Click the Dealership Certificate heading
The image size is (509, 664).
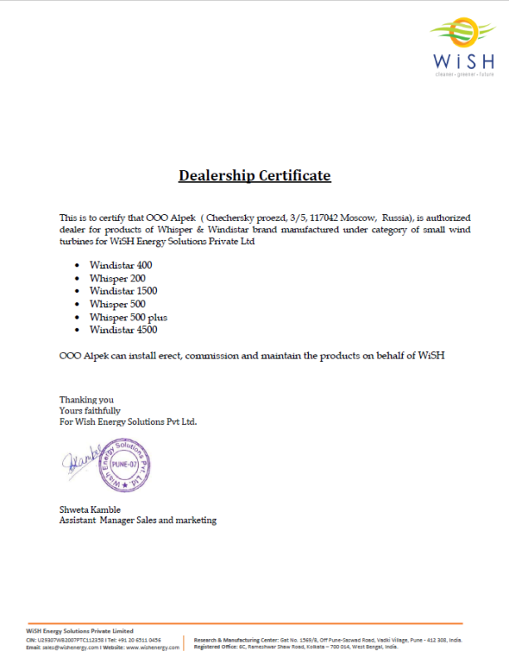(255, 176)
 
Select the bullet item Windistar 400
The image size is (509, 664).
(121, 265)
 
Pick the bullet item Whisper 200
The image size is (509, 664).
(118, 278)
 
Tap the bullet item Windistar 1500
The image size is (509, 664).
(124, 290)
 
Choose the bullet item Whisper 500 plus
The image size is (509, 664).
(129, 317)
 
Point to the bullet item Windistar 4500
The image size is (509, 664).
(124, 330)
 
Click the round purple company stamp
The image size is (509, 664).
(125, 465)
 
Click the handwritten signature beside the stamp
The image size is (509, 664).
(81, 462)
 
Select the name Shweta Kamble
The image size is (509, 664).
(90, 509)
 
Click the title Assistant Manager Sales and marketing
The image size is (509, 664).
(138, 520)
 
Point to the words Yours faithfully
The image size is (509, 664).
(90, 410)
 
